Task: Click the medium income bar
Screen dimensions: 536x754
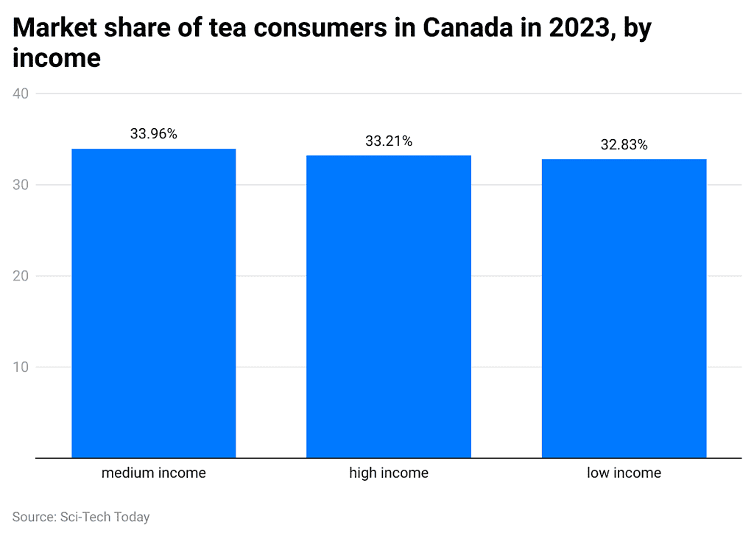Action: pyautogui.click(x=153, y=303)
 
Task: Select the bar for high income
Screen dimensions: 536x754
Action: pyautogui.click(x=389, y=306)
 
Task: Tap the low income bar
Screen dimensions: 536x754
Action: pyautogui.click(x=624, y=308)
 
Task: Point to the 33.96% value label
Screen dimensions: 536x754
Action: pyautogui.click(x=153, y=134)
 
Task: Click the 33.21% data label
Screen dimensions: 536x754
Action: pyautogui.click(x=389, y=141)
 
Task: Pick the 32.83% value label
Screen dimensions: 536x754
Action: pyautogui.click(x=624, y=145)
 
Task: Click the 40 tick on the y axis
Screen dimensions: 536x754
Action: pyautogui.click(x=21, y=94)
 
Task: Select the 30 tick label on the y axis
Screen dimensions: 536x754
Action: pyautogui.click(x=21, y=185)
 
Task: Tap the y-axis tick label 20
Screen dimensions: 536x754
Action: pyautogui.click(x=21, y=276)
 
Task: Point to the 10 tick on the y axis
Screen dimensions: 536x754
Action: pyautogui.click(x=21, y=367)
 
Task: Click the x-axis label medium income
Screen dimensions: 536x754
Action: pyautogui.click(x=153, y=473)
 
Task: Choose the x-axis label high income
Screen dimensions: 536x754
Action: pyautogui.click(x=389, y=473)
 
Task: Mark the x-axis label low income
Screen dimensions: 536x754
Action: pyautogui.click(x=624, y=473)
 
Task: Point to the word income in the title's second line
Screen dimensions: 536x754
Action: pyautogui.click(x=57, y=58)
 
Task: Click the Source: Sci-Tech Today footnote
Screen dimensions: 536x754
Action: pyautogui.click(x=81, y=517)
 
